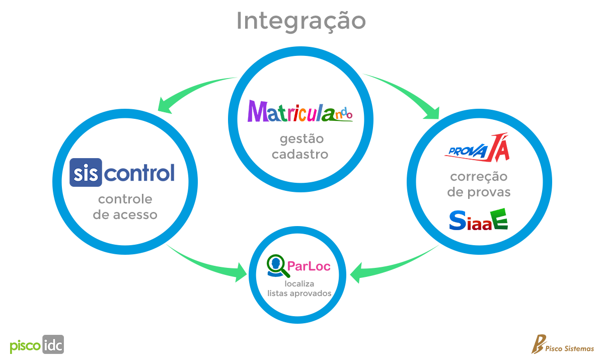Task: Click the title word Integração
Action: pos(301,22)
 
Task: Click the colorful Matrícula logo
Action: pos(300,111)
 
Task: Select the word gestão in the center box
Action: pos(300,138)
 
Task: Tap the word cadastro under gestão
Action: pos(300,154)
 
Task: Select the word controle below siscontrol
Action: pos(125,199)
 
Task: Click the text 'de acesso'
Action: pos(125,215)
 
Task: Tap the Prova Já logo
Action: pos(479,148)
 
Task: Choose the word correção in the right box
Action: pos(479,177)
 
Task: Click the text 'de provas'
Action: pos(479,192)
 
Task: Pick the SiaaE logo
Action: pos(479,220)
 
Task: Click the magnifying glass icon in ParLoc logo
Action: pos(278,266)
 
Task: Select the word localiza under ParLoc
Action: pos(299,284)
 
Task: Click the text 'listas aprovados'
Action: pos(299,293)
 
